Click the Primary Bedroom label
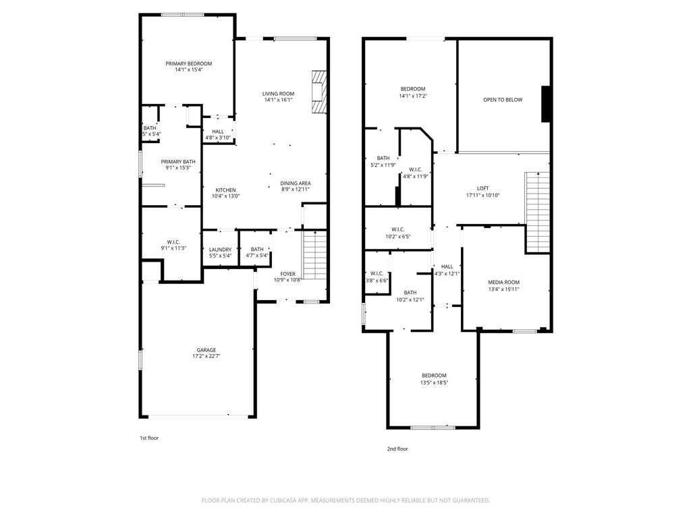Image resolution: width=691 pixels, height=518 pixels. coord(188,63)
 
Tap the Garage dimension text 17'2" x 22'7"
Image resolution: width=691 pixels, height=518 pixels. coord(206,356)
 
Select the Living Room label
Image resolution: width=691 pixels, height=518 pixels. coord(278,94)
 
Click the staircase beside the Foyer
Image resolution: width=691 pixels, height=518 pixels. coord(314,255)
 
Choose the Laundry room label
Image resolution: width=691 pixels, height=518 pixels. coord(220,250)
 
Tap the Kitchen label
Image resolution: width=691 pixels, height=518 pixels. coord(225,190)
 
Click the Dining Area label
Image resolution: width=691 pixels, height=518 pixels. coord(295,183)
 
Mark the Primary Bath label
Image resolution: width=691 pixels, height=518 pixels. coord(178,161)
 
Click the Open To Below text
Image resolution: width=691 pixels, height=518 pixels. coord(503,100)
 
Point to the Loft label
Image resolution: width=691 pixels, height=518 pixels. coord(482,188)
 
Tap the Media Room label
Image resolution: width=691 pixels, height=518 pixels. coord(503,282)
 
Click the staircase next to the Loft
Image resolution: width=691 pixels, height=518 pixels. coord(537,211)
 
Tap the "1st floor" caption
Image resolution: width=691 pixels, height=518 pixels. coord(149,438)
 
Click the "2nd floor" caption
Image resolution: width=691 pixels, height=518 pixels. coord(397,449)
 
